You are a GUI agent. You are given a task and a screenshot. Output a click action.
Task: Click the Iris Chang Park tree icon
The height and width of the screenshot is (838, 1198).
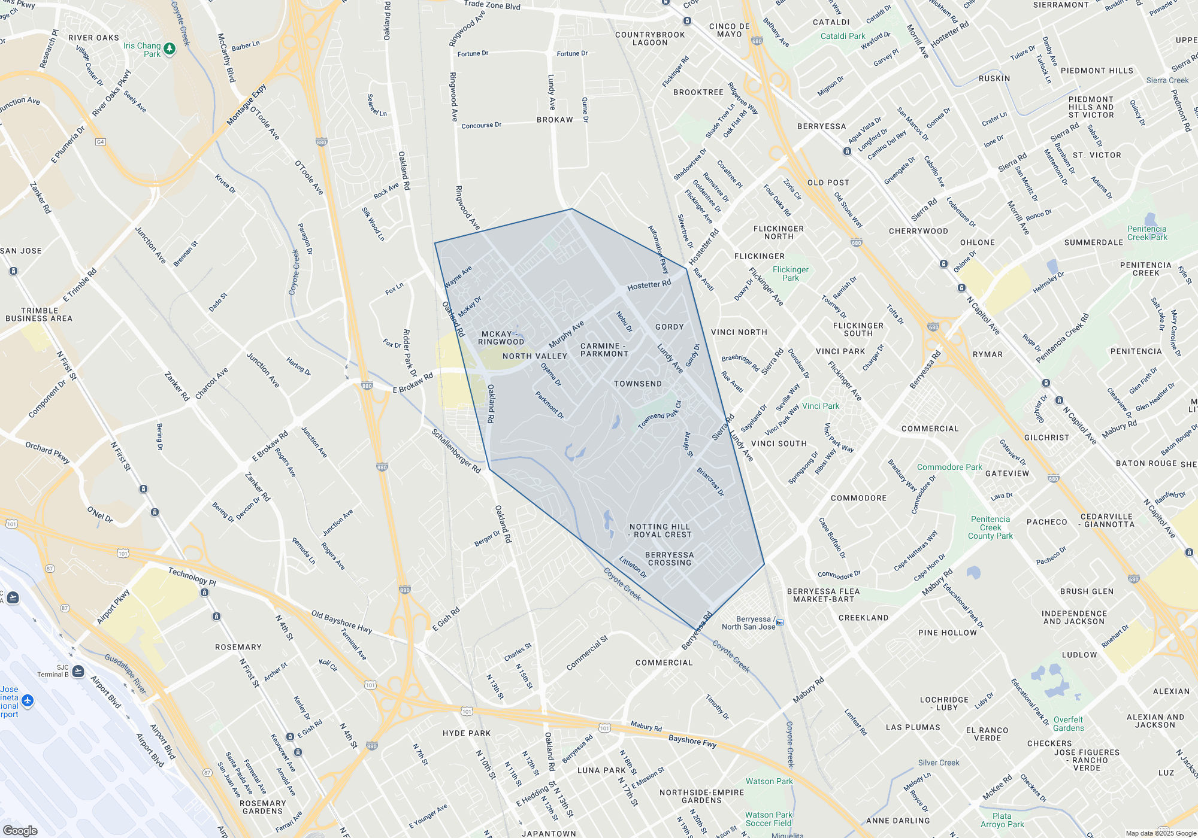[170, 48]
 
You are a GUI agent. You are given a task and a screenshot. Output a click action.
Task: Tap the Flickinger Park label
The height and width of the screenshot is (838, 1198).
[790, 274]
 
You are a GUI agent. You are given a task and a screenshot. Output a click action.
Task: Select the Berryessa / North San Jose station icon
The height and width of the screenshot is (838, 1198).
[780, 623]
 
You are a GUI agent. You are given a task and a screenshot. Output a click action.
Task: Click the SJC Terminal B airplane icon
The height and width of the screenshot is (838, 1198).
[78, 671]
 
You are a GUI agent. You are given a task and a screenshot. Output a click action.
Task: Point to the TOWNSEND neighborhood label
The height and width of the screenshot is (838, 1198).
[637, 384]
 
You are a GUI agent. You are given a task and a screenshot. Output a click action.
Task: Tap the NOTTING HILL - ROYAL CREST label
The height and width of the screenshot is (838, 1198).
[659, 531]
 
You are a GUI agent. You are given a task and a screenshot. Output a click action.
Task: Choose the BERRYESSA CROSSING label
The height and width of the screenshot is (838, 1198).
[669, 558]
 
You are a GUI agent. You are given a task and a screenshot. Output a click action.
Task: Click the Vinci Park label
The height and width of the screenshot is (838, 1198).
[820, 406]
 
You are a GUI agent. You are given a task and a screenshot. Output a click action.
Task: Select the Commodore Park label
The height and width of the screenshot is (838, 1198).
[949, 467]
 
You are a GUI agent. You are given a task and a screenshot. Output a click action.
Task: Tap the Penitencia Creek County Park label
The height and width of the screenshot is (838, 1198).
[990, 527]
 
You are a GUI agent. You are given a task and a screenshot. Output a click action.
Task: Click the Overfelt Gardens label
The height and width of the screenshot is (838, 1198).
[1068, 724]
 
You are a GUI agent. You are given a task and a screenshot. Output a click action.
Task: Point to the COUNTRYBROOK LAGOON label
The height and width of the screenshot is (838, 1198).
[650, 38]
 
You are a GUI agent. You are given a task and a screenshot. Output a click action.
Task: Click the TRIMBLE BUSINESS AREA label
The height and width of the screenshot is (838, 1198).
[39, 314]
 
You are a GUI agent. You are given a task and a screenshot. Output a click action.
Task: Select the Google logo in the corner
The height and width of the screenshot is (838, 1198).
[20, 830]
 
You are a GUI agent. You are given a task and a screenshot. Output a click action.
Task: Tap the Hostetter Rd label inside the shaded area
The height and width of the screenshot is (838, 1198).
[649, 286]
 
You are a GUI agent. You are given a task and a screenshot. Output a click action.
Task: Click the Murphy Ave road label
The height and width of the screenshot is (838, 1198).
[566, 335]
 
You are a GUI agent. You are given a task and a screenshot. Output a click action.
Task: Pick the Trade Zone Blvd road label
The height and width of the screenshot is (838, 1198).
[492, 5]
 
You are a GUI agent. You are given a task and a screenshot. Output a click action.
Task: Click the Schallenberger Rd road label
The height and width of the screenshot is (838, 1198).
[456, 451]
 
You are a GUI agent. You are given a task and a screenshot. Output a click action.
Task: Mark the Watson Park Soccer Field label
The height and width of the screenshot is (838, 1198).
[769, 819]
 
